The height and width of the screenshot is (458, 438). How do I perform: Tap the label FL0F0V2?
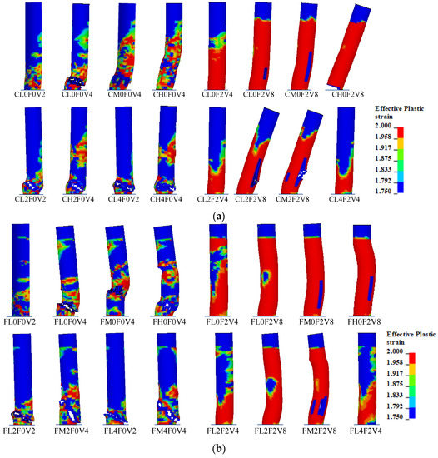pos(24,316)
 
